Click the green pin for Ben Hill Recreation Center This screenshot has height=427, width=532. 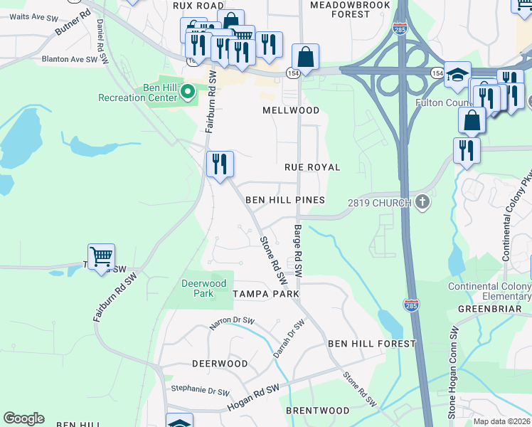[x=188, y=91]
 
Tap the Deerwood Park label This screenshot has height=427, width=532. [x=198, y=288]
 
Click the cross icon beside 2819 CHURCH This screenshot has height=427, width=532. [x=422, y=202]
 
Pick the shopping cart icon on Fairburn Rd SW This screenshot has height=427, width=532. [x=101, y=256]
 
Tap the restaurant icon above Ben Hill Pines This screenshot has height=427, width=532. [x=220, y=164]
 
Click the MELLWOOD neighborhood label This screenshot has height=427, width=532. [x=291, y=110]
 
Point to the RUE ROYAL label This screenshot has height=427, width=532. [x=312, y=167]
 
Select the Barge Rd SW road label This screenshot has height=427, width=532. [x=297, y=251]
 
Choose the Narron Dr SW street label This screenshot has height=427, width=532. [x=231, y=324]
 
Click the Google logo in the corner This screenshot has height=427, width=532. [x=23, y=418]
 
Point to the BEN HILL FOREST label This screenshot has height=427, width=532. [x=371, y=344]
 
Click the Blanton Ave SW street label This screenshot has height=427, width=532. [x=69, y=60]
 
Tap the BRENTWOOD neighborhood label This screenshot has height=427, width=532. [x=317, y=411]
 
